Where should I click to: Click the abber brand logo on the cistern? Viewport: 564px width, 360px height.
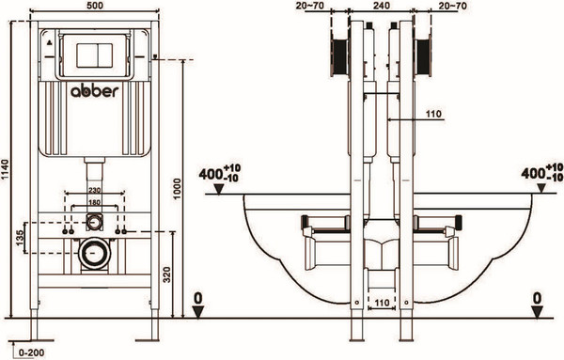94,91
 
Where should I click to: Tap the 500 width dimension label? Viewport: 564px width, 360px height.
95,6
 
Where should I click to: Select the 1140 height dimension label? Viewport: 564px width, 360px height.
5,171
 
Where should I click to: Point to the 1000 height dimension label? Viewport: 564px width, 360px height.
177,189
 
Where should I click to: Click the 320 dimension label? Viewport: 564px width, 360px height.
167,274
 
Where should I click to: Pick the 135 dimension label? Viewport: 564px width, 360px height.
20,238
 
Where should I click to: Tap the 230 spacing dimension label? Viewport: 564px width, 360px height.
95,190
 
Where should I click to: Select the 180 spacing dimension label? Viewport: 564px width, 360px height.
95,202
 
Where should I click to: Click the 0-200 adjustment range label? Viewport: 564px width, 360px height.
32,352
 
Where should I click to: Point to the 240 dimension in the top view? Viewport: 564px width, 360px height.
382,6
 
